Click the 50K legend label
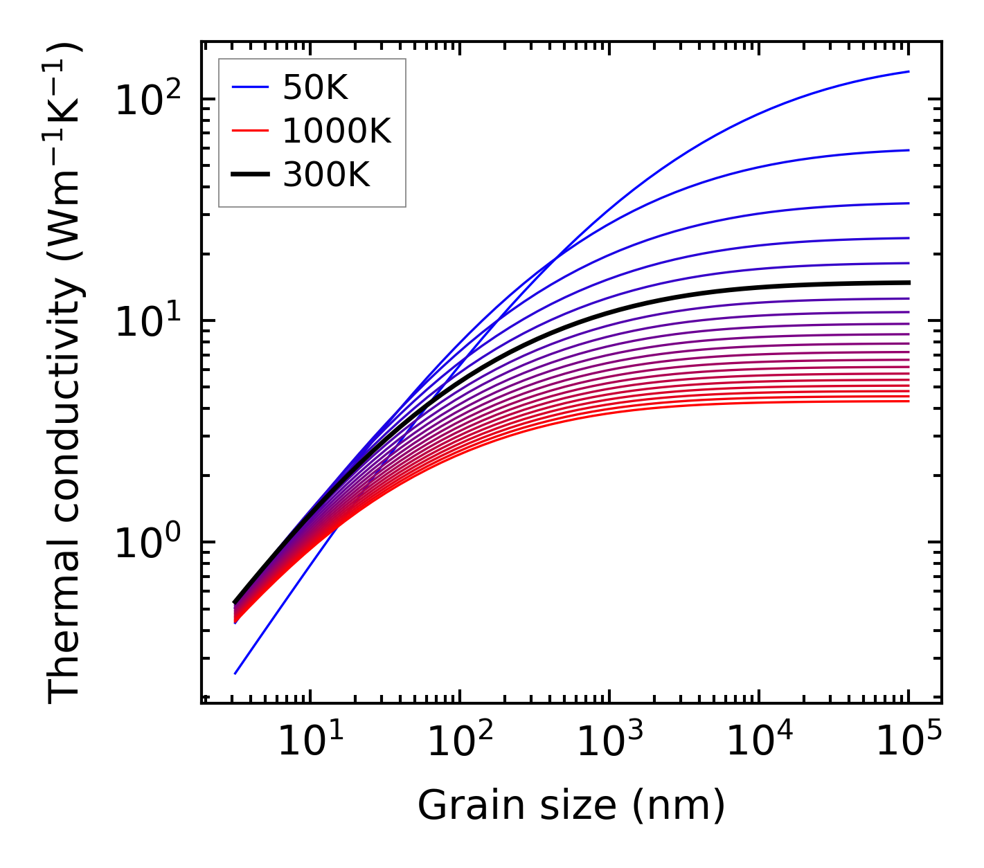tap(315, 88)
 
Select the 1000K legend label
tap(337, 132)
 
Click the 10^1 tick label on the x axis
tap(310, 742)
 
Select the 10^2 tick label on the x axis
tap(459, 742)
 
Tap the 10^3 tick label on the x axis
tap(609, 742)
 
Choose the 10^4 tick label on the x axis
tap(759, 742)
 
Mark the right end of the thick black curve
tap(909, 282)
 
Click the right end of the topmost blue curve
tap(909, 71)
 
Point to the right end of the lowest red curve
tap(909, 401)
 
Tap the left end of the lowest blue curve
tap(235, 673)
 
